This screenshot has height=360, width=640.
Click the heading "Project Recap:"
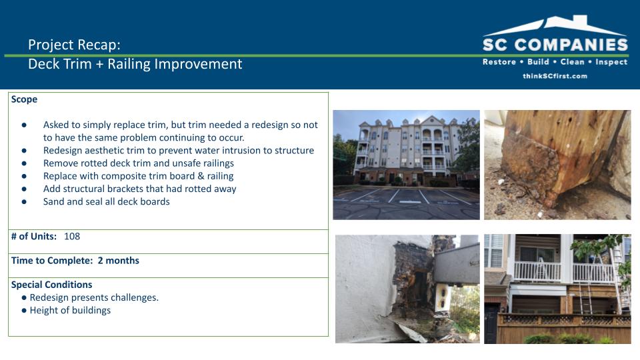click(74, 45)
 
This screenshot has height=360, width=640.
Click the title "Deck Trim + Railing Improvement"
click(135, 64)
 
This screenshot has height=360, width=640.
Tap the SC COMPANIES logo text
click(555, 45)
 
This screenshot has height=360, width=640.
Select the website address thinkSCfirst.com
click(555, 76)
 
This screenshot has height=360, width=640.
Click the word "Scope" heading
click(24, 99)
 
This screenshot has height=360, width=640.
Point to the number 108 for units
click(72, 236)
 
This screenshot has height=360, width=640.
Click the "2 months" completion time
click(119, 261)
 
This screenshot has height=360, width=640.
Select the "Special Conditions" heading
click(51, 285)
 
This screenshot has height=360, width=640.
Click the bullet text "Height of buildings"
click(70, 310)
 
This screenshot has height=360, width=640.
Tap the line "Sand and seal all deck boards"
click(107, 201)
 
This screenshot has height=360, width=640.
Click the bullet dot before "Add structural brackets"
click(24, 189)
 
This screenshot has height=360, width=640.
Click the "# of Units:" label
click(34, 236)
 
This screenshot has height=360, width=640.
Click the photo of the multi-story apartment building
click(406, 165)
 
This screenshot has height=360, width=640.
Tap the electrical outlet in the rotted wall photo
click(441, 296)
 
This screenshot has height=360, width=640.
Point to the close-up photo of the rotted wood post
click(557, 165)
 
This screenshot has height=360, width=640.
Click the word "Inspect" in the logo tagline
click(611, 62)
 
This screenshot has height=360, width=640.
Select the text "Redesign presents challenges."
click(94, 297)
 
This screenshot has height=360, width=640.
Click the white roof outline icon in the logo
click(555, 25)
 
